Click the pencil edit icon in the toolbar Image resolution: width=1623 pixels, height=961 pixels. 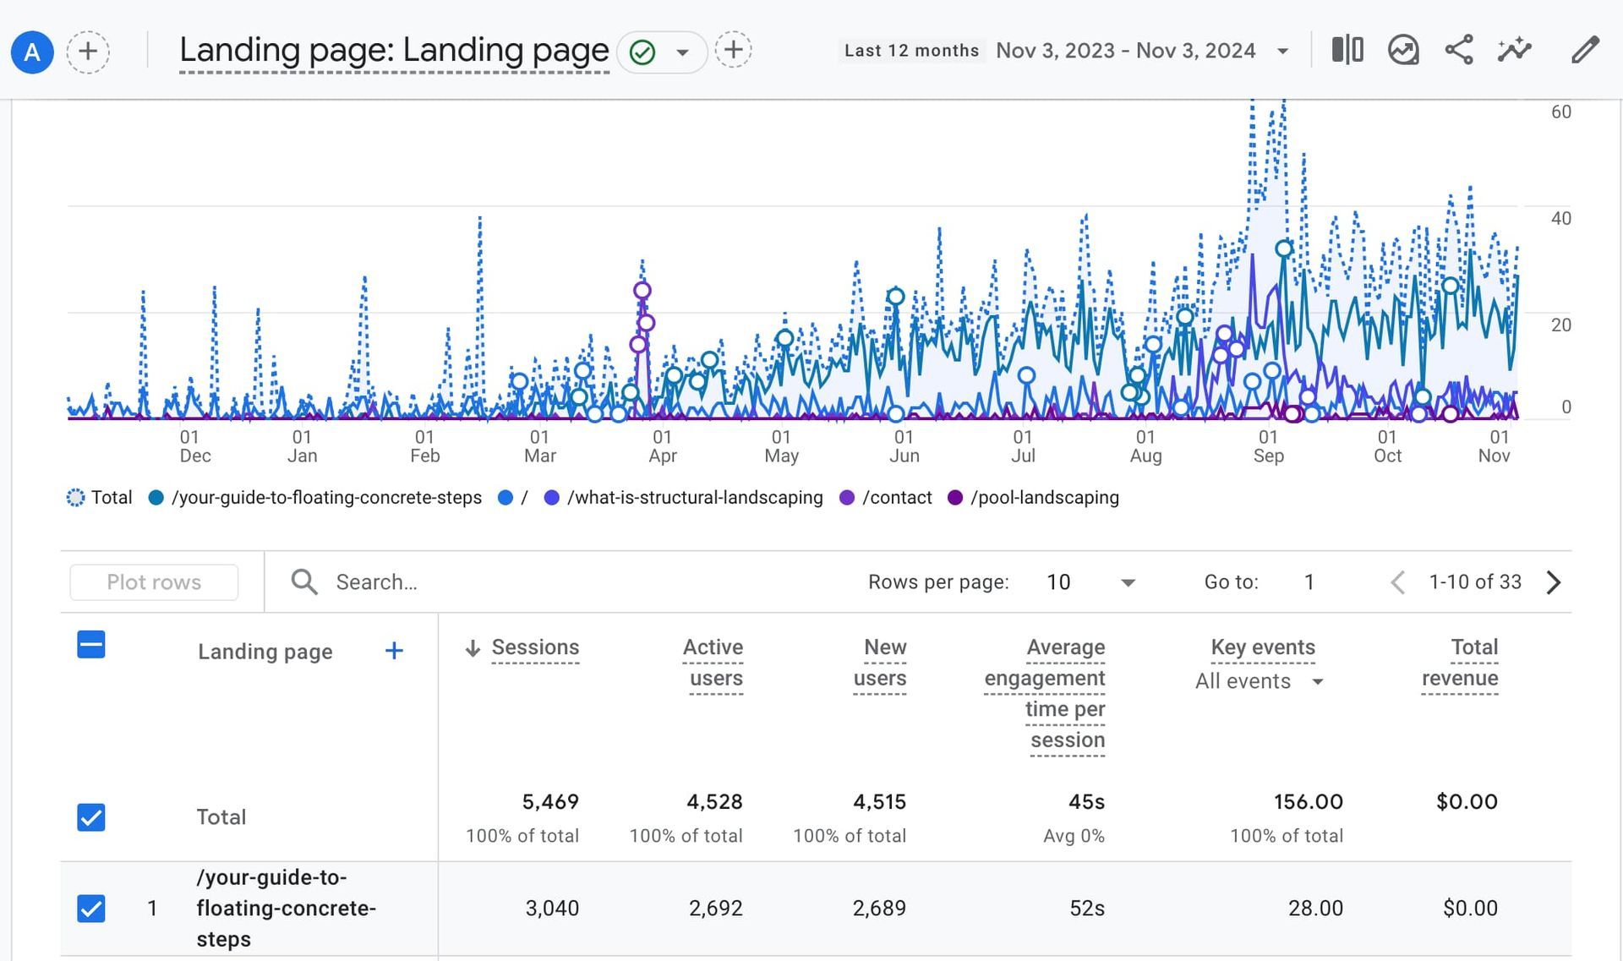1585,50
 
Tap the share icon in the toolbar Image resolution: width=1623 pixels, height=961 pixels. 1459,50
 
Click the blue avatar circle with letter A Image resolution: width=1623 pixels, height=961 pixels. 32,52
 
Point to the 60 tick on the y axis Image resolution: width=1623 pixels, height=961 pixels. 1560,112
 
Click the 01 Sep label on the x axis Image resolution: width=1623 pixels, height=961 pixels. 1268,446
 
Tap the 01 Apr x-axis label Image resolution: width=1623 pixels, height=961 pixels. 662,446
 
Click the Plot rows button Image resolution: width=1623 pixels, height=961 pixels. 154,582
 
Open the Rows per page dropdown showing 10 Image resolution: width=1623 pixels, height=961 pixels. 1090,582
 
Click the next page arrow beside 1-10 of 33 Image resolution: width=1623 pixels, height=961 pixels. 1554,582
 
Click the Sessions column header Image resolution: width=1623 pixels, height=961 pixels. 535,647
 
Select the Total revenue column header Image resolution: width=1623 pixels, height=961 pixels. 1461,663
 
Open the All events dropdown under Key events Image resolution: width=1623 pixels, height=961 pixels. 1259,681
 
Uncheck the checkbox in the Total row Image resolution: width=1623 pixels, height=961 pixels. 91,817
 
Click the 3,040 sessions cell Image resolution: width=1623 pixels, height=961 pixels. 552,909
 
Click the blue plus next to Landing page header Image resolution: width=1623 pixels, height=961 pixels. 394,651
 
